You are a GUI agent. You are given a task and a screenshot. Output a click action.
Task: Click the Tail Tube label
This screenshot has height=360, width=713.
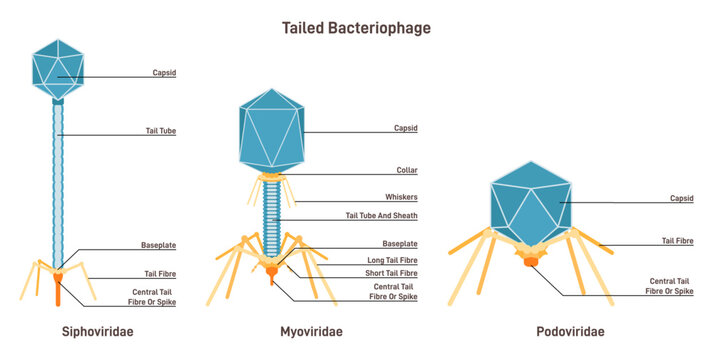pos(160,131)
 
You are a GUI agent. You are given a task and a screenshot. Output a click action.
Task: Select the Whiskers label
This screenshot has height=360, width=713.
pos(401,197)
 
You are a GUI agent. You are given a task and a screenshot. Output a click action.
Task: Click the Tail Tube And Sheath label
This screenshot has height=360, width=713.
pos(381,216)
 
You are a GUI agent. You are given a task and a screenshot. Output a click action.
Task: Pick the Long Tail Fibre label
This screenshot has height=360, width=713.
pos(390,260)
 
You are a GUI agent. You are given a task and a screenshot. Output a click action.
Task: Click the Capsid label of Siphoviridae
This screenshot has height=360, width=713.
pos(165,73)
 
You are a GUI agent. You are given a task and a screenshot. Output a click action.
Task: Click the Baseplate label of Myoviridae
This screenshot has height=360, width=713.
pos(400,244)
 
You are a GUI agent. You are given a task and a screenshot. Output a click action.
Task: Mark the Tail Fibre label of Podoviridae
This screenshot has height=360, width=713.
pos(677,241)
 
